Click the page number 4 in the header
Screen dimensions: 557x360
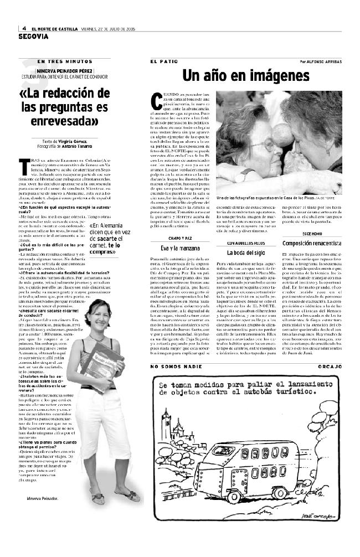click(24, 29)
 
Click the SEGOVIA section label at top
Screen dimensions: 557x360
click(34, 37)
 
